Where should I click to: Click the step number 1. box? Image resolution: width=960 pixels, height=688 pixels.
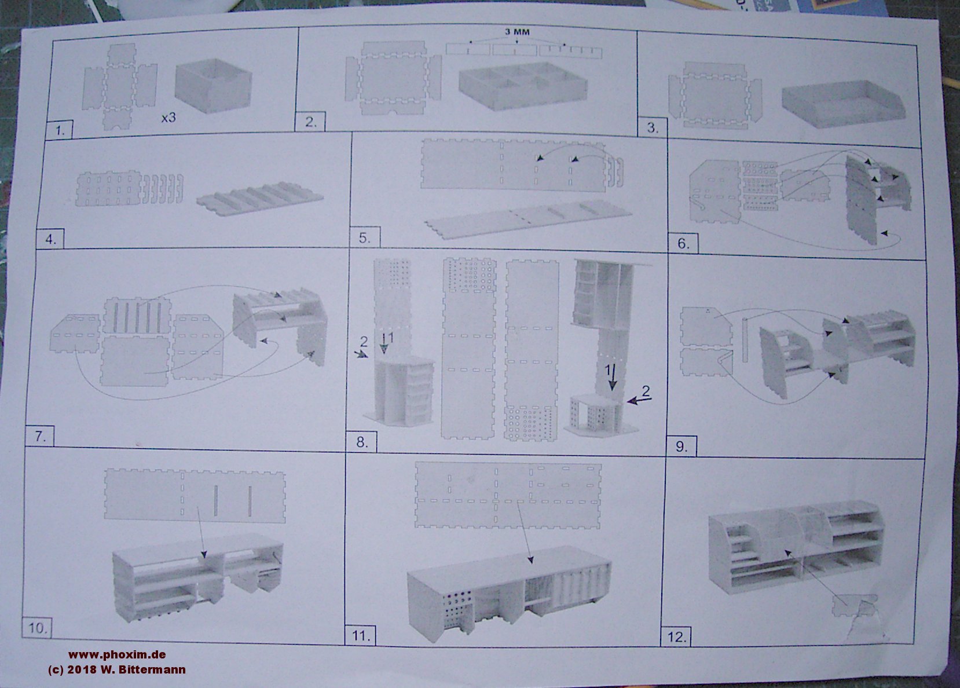(59, 129)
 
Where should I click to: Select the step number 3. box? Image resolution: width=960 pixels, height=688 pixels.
(653, 127)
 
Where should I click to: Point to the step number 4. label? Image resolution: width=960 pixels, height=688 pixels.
(50, 239)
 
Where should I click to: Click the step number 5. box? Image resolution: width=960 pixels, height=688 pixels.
(365, 237)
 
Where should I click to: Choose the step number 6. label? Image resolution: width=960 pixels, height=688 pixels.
(683, 243)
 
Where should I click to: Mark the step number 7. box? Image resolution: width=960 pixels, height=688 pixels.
(41, 436)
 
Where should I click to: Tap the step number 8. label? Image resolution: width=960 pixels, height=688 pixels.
(362, 441)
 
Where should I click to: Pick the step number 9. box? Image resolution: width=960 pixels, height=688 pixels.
(681, 447)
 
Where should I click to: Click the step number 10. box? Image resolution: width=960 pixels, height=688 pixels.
(37, 628)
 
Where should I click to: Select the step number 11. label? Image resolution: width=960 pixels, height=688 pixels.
(360, 635)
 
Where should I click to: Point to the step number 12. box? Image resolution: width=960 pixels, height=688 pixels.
(677, 636)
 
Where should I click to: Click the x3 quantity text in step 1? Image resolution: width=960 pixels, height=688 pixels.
(168, 118)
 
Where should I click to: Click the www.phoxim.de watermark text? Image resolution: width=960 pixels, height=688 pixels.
(117, 654)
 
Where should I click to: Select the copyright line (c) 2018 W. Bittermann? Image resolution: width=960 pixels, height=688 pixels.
(117, 669)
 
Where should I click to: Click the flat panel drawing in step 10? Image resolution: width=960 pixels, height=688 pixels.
(195, 496)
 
